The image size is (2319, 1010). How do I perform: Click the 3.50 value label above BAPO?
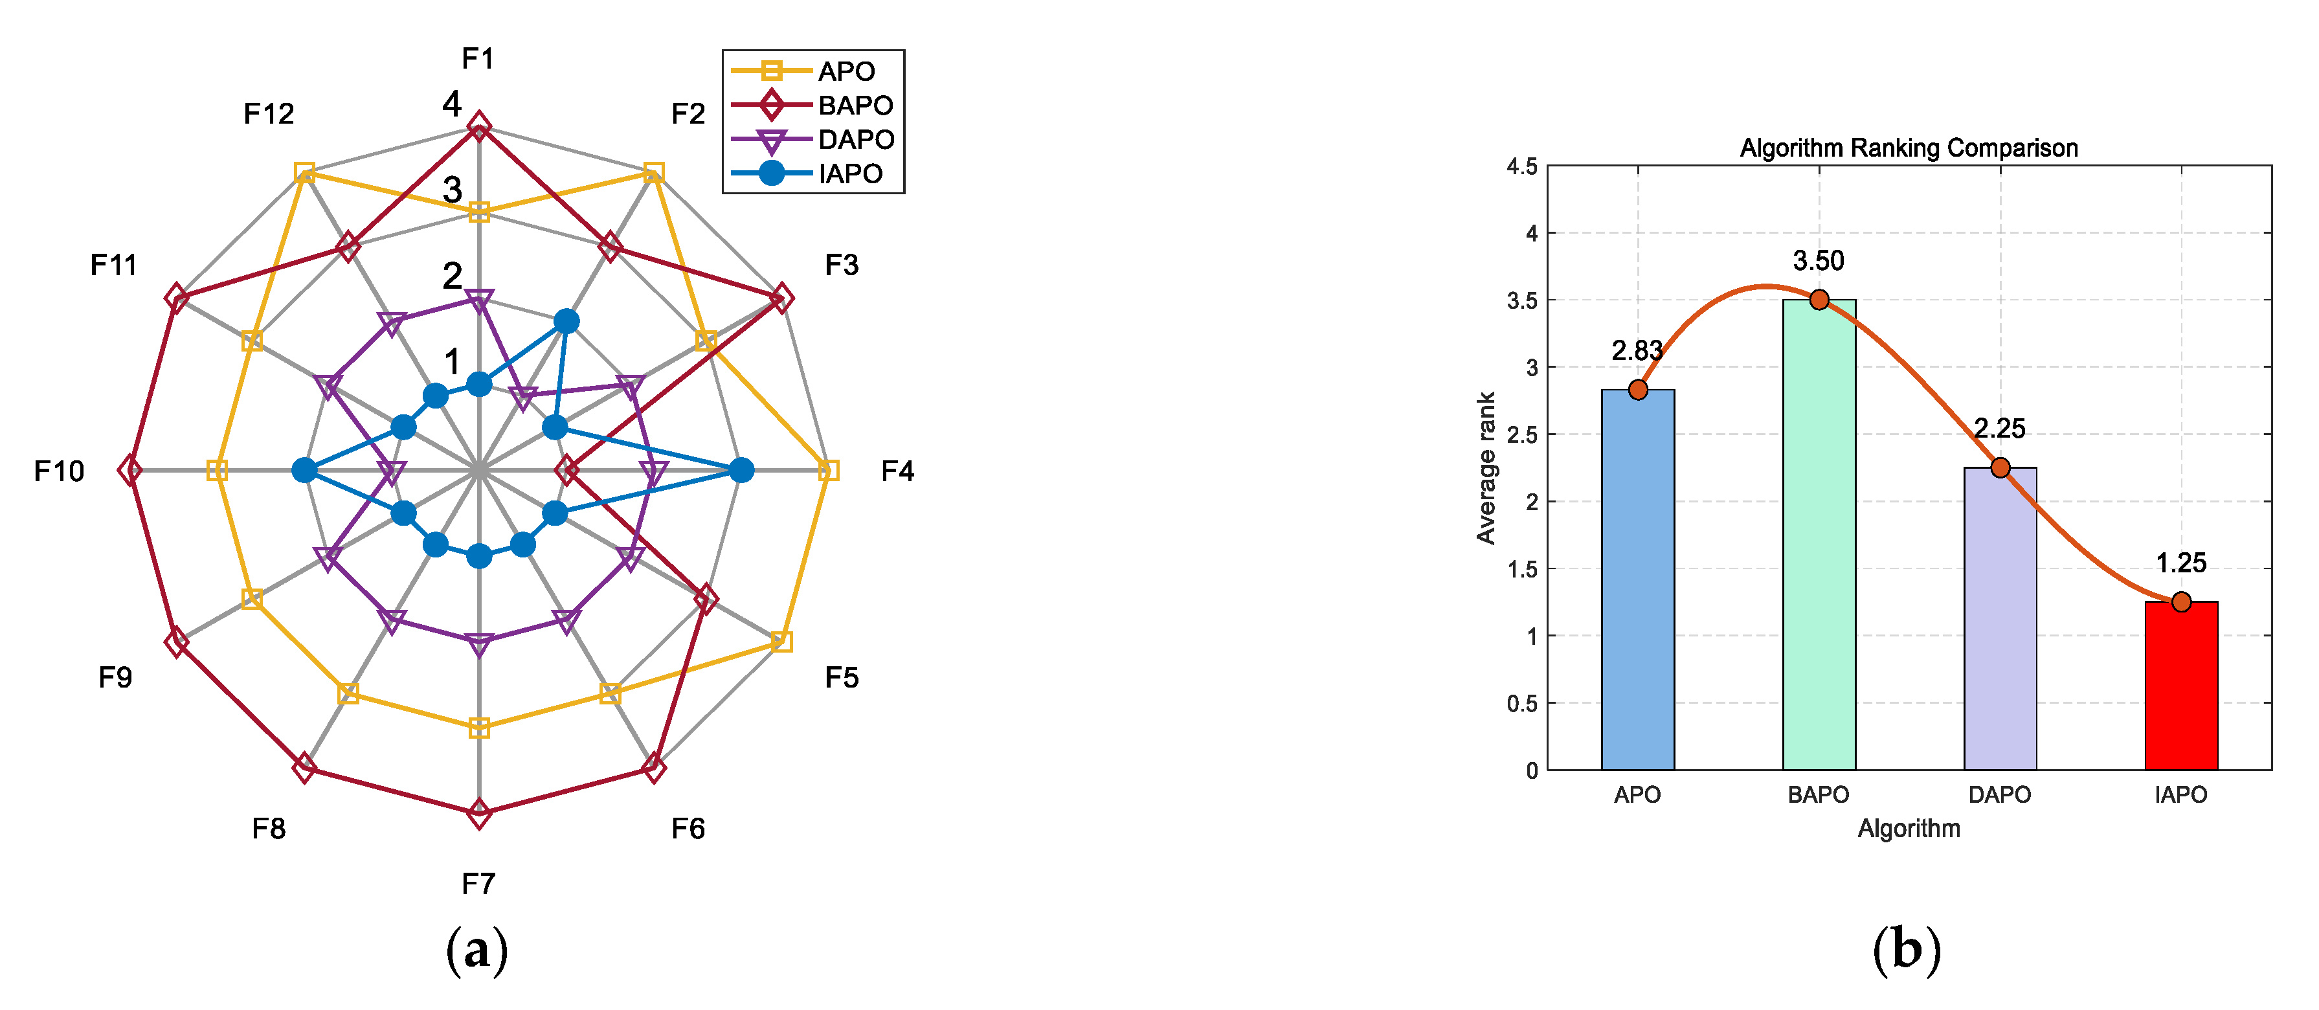tap(1819, 261)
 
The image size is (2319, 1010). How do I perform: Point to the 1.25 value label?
tap(2180, 563)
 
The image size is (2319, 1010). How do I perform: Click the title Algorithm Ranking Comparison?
tap(1909, 148)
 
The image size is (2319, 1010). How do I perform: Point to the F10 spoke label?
tap(60, 471)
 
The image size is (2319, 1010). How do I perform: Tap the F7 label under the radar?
tap(479, 884)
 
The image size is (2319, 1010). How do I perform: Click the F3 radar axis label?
tap(842, 265)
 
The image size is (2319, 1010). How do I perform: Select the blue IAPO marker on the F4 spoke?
tap(741, 470)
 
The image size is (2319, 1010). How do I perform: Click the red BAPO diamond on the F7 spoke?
tap(479, 814)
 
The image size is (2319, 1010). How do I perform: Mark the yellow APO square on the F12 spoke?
tap(304, 173)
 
